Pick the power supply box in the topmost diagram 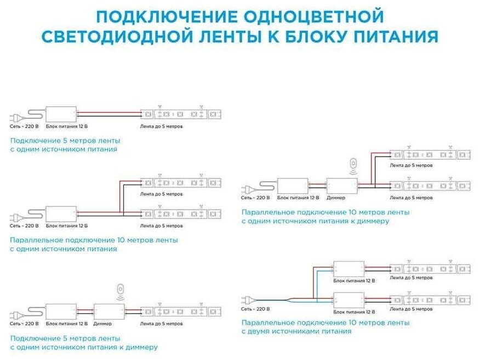click(x=61, y=114)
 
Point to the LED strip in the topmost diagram click(x=181, y=114)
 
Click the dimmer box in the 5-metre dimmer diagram click(x=110, y=312)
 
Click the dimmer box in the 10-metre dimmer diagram click(x=342, y=186)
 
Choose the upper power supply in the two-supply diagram click(x=349, y=268)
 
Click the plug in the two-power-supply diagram click(x=247, y=299)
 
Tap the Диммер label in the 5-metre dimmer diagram click(x=102, y=324)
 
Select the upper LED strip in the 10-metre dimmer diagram click(x=430, y=155)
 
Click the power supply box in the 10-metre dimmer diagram click(x=293, y=186)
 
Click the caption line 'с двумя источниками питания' click(x=296, y=331)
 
